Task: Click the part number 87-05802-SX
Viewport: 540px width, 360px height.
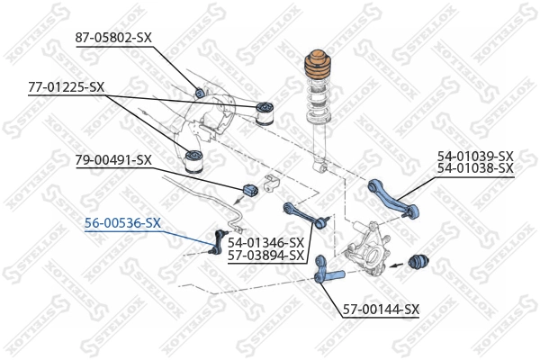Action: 113,36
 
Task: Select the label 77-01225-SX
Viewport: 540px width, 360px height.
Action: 66,87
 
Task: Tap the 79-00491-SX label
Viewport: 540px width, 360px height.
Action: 112,160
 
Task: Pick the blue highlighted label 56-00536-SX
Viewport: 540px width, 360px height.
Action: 123,223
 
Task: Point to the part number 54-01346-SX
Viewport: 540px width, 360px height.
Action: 265,242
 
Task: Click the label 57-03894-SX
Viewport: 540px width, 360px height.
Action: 265,255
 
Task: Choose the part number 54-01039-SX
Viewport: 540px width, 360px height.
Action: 474,156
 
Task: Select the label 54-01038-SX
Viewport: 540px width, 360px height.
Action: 474,168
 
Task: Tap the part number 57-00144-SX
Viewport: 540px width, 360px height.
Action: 381,310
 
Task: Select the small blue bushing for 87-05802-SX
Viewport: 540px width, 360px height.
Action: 201,90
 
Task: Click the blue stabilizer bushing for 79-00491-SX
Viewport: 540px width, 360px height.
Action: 250,190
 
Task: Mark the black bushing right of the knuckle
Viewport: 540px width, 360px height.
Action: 418,261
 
